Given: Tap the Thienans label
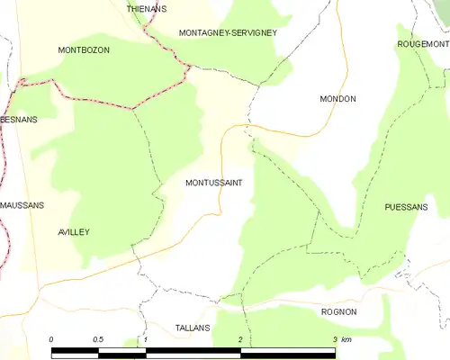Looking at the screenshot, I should coord(147,8).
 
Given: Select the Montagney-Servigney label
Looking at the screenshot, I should coord(228,32).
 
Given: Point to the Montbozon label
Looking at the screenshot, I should coord(84,50).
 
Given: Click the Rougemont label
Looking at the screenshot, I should coord(422,43).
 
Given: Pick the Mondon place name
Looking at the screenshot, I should coord(338,98).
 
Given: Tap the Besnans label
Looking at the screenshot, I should coord(18,119).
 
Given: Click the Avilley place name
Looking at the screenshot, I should coord(73,231).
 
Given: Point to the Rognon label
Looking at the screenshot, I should coord(339,311).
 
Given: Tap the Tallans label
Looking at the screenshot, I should coord(193,328).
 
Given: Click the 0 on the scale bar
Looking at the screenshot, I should coord(51,339).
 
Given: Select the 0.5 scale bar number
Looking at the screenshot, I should coord(97,339).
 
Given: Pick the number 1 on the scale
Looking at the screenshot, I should coord(145,339).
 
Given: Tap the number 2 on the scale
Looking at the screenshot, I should coord(240,339).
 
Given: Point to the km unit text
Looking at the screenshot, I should coord(346,339).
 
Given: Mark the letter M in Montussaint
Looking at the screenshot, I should coord(188,183).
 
